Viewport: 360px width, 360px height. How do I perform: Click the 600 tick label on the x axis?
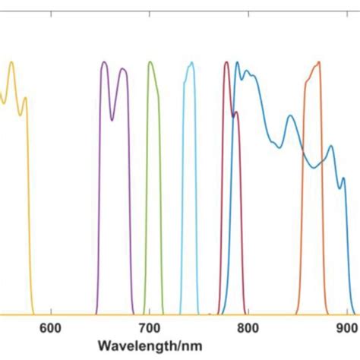50,328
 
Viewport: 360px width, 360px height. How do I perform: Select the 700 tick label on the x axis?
149,328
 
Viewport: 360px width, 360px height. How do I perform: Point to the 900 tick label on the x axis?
346,328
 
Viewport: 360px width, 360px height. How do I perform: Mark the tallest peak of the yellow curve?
11,62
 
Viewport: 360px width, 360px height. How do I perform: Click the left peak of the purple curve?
104,62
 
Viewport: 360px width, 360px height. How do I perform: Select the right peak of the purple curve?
123,69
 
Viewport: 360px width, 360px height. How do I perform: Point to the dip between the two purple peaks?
113,119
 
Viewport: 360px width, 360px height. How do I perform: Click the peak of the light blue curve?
190,62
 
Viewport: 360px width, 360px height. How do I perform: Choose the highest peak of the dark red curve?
226,62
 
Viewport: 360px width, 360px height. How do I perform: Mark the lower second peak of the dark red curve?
236,112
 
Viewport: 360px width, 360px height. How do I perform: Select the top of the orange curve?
318,62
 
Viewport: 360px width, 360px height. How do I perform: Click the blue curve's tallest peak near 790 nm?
237,62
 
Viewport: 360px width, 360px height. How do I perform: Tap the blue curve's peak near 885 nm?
330,146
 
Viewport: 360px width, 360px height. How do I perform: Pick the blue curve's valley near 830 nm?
279,147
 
